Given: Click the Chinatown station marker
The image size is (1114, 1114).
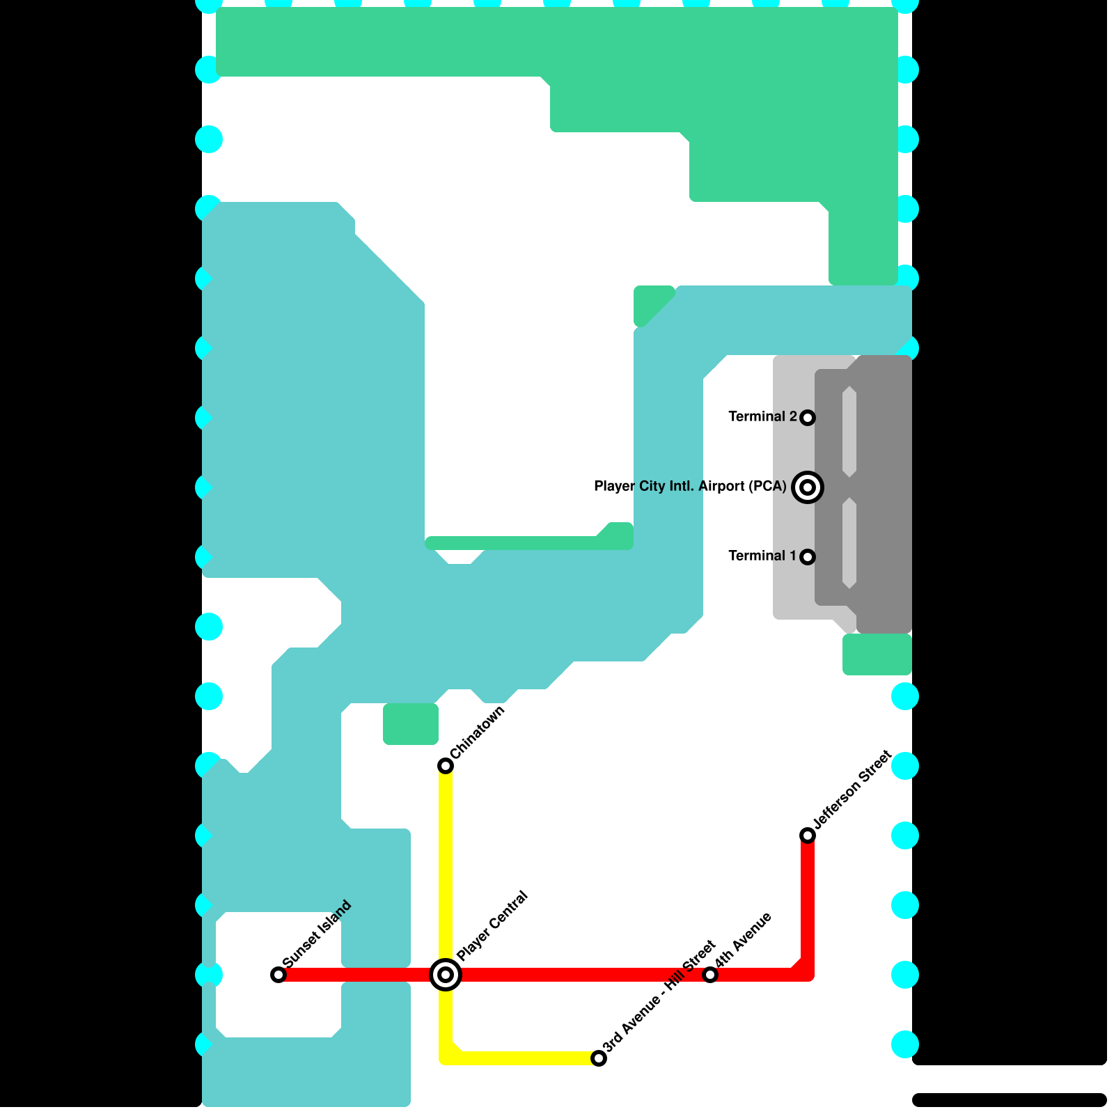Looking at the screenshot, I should [x=446, y=766].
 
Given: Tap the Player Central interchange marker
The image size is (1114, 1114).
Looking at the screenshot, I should [x=446, y=974].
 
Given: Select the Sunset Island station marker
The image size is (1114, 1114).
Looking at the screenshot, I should [x=278, y=974].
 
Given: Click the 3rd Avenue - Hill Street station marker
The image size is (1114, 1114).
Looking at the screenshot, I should [x=599, y=1058].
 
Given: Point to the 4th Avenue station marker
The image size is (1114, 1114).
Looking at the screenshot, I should [x=710, y=974].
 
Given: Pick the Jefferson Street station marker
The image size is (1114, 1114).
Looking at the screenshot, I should [x=808, y=835].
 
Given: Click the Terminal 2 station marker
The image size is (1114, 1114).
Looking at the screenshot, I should [x=808, y=417].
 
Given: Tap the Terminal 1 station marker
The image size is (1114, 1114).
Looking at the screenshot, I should [x=808, y=556].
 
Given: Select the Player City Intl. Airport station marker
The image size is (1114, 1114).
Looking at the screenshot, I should [x=808, y=487].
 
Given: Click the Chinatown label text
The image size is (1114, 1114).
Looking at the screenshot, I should [x=478, y=733].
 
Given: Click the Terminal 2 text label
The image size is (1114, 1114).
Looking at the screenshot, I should [x=762, y=416].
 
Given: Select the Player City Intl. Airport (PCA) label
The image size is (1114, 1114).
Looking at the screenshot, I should [x=690, y=486].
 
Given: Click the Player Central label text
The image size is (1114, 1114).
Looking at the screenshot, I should [x=493, y=925].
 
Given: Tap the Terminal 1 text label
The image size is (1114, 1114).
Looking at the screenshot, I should [x=762, y=556].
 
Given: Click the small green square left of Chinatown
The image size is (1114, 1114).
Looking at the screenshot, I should [x=411, y=724].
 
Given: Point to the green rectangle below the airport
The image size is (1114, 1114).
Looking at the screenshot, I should [x=877, y=654].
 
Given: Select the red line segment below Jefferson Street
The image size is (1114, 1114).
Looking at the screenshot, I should [x=808, y=905].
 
